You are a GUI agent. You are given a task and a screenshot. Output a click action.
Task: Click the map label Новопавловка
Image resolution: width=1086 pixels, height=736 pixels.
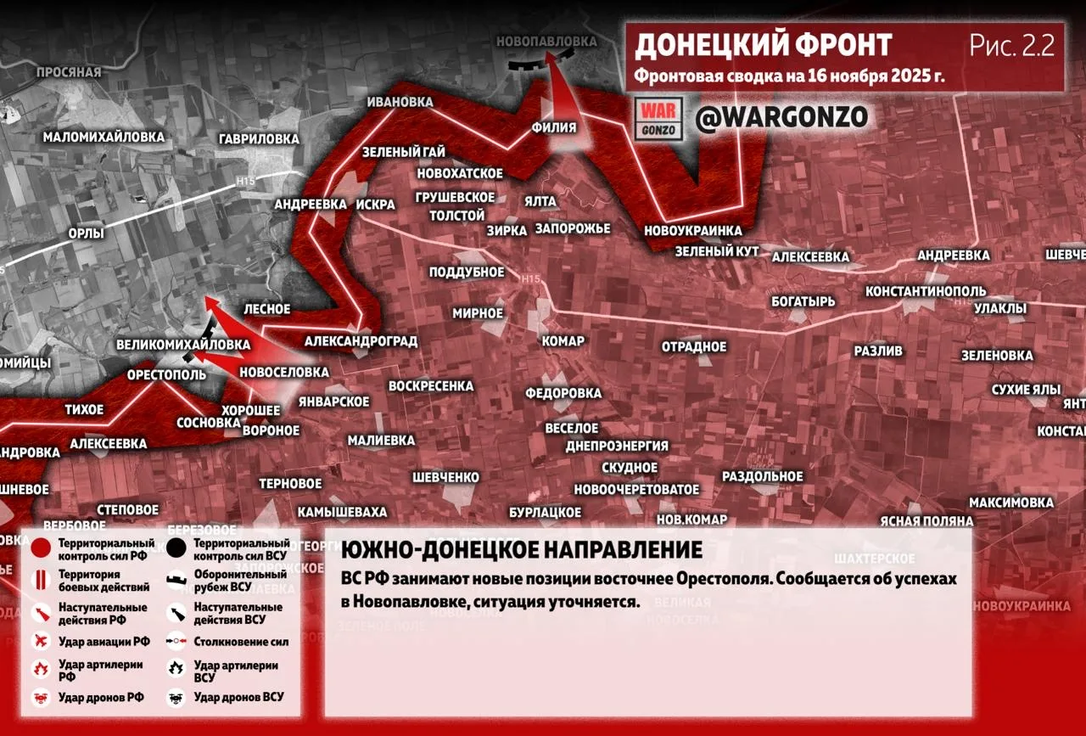(546, 42)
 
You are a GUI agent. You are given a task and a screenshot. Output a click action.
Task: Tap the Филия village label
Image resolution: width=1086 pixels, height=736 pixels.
(554, 127)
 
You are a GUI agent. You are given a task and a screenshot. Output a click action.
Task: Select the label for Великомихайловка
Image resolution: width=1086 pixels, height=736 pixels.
(182, 345)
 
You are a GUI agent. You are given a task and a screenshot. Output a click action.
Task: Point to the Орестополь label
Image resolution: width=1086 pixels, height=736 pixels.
(166, 374)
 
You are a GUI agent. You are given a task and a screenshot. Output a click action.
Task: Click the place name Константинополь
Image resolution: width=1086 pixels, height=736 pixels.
(925, 291)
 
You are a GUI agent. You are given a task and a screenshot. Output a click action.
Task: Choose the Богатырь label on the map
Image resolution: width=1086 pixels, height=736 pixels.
(803, 301)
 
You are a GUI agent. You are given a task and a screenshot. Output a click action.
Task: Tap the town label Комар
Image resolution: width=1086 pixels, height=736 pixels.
(563, 341)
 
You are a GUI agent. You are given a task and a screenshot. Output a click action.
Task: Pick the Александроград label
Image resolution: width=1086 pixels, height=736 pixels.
(361, 341)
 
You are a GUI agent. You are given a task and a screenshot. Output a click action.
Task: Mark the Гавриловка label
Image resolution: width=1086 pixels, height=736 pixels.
(258, 138)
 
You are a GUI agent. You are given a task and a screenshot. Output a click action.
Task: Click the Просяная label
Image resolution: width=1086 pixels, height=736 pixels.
(68, 72)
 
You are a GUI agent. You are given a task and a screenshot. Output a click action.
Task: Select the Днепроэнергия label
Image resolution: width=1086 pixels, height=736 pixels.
(617, 446)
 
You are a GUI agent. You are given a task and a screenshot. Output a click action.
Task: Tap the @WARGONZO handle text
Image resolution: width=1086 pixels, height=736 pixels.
(781, 118)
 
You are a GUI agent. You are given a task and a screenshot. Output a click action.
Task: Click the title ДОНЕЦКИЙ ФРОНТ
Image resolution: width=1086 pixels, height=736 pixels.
(763, 45)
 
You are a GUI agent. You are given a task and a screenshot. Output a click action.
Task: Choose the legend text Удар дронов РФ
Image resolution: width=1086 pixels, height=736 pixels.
(101, 698)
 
